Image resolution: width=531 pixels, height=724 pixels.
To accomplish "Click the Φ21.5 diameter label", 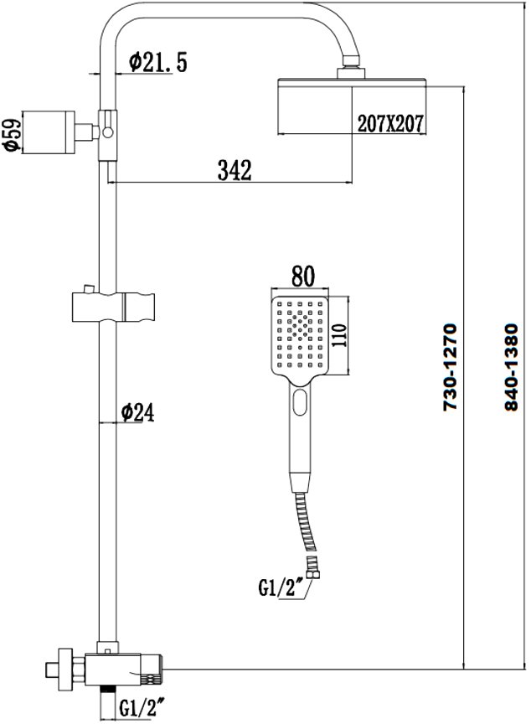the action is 157,62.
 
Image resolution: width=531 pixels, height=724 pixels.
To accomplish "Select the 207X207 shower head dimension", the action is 390,123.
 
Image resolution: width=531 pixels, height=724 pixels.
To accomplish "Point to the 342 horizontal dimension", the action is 235,170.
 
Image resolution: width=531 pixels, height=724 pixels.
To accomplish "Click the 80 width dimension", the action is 303,276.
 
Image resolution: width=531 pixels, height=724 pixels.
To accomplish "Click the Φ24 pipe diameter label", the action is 138,412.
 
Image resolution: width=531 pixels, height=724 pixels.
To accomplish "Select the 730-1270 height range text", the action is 450,367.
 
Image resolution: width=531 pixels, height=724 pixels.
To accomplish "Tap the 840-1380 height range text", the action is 512,367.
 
